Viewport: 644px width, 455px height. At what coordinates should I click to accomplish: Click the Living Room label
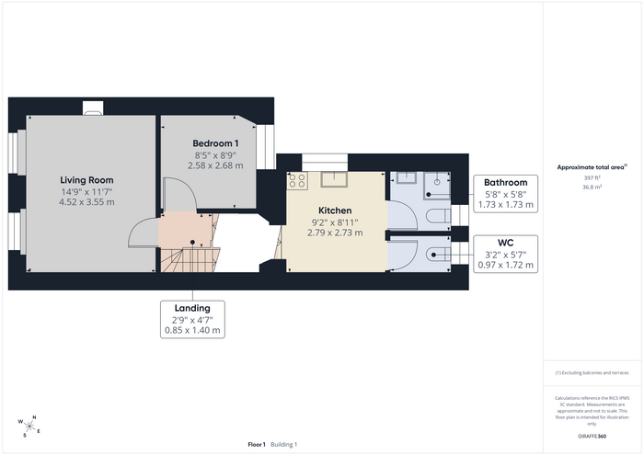pyautogui.click(x=86, y=180)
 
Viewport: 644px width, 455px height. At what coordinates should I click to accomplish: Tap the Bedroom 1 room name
pyautogui.click(x=215, y=143)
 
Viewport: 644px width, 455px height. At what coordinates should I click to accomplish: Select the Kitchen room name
pyautogui.click(x=335, y=210)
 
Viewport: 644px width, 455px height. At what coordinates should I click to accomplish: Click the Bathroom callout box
pyautogui.click(x=506, y=194)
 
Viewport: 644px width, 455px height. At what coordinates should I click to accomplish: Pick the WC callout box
pyautogui.click(x=506, y=254)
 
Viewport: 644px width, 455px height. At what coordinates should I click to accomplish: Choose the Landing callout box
pyautogui.click(x=192, y=320)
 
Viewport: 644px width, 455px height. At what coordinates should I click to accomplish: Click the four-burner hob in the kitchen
pyautogui.click(x=297, y=181)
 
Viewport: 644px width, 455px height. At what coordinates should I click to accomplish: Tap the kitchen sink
pyautogui.click(x=334, y=179)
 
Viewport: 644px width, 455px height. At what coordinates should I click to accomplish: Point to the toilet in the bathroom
pyautogui.click(x=438, y=216)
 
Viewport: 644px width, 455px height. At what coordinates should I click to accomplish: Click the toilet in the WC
pyautogui.click(x=438, y=255)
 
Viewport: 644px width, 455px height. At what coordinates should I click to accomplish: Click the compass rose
pyautogui.click(x=29, y=427)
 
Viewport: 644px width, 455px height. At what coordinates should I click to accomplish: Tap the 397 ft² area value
pyautogui.click(x=592, y=178)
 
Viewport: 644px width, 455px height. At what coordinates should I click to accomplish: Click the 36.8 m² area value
pyautogui.click(x=592, y=188)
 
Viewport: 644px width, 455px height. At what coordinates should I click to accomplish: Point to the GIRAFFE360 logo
pyautogui.click(x=592, y=436)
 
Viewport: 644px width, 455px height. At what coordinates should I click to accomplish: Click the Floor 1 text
pyautogui.click(x=257, y=444)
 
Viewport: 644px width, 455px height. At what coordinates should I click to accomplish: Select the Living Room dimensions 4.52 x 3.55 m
pyautogui.click(x=86, y=202)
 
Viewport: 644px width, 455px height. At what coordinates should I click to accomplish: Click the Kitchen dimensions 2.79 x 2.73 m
pyautogui.click(x=335, y=233)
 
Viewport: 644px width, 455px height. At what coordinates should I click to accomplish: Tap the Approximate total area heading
pyautogui.click(x=592, y=167)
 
